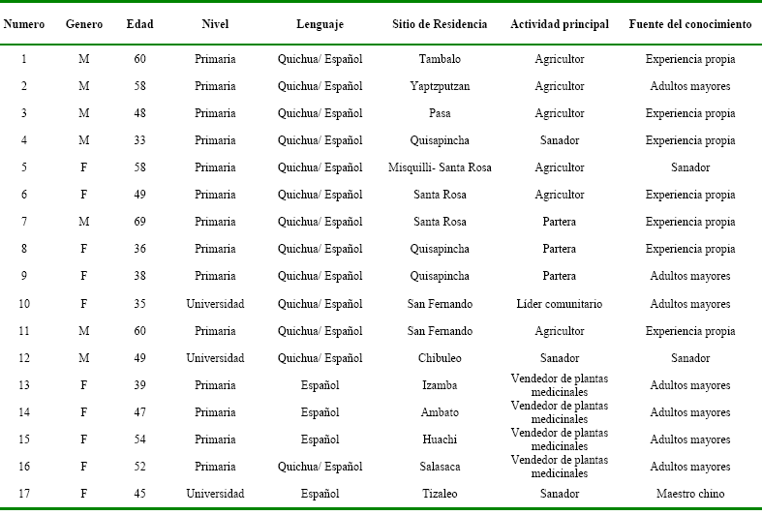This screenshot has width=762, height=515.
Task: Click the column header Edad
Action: click(139, 23)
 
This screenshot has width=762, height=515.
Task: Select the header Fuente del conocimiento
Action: click(690, 23)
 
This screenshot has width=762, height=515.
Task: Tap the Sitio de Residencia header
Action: click(440, 23)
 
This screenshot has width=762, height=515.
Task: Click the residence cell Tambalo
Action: click(440, 59)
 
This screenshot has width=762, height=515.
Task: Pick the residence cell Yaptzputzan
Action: click(440, 86)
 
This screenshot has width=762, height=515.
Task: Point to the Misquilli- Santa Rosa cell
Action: click(440, 167)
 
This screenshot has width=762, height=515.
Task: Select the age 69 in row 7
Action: click(139, 222)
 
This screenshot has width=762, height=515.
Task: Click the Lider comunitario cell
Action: click(559, 304)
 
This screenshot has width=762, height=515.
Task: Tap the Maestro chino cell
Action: click(690, 494)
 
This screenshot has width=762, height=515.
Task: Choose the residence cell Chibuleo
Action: click(440, 358)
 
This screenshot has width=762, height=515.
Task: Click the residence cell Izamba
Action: click(440, 385)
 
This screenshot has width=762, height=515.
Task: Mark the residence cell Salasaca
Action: click(440, 467)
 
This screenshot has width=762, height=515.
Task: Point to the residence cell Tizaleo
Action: click(440, 494)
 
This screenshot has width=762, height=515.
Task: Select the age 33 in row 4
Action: click(139, 140)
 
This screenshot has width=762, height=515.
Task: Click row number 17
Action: click(23, 494)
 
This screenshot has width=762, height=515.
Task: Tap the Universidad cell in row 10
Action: click(215, 304)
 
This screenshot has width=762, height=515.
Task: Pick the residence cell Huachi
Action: click(440, 439)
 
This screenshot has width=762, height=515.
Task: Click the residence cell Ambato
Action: click(440, 412)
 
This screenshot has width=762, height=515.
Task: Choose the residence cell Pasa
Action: click(440, 113)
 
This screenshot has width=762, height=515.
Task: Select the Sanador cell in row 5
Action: click(690, 167)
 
